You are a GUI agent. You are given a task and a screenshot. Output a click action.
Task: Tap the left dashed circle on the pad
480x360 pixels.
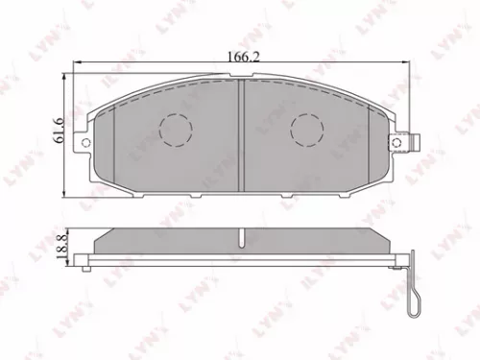(x=174, y=128)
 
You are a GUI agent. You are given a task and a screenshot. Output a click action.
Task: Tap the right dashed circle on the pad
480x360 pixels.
(x=306, y=128)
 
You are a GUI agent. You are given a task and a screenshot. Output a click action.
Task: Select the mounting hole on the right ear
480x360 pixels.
(x=395, y=143)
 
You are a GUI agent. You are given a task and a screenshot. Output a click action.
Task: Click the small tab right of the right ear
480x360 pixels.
(x=420, y=144)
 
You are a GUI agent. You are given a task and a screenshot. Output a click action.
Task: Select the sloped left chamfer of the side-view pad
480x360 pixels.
(x=105, y=238)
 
